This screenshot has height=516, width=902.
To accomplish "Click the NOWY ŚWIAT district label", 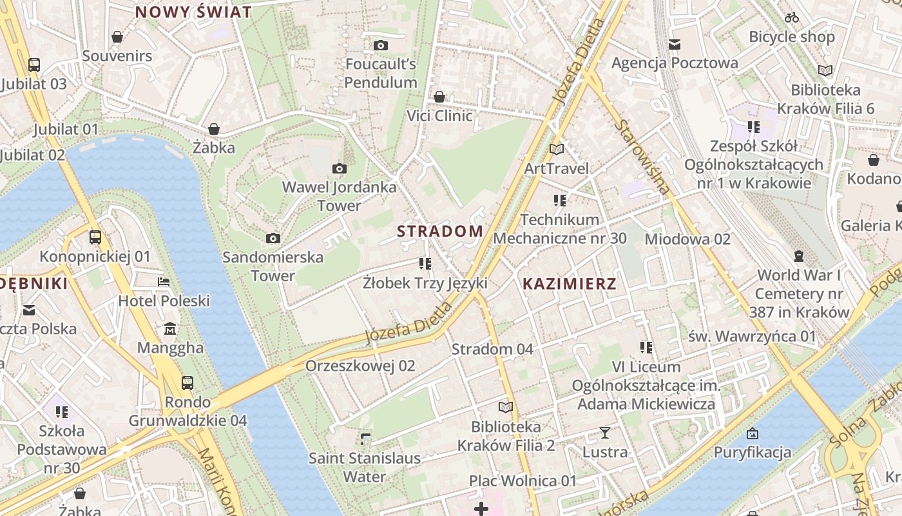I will click(193, 12).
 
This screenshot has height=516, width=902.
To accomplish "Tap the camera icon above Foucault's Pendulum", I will click(381, 45).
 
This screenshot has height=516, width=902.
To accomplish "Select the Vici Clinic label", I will click(439, 116).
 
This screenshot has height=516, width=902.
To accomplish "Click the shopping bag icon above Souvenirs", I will click(117, 37).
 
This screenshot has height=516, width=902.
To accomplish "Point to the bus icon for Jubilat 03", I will click(34, 64).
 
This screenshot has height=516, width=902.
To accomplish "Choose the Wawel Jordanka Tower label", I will click(339, 196).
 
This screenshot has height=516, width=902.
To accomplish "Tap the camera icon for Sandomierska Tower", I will click(273, 238).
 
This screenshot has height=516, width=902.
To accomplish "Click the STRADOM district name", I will click(440, 231).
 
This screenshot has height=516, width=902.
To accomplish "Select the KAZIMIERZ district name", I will click(569, 283).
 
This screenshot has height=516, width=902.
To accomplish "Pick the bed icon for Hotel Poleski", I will click(164, 282).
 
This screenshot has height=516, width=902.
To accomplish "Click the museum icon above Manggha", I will click(170, 329).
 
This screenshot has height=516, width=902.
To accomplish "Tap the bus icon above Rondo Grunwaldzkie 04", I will click(187, 382).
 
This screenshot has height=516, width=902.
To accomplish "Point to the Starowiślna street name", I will click(642, 156).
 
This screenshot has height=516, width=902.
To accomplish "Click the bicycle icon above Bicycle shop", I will click(792, 17).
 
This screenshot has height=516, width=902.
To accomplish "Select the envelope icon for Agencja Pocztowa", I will click(675, 44).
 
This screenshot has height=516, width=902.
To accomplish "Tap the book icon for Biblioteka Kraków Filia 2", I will click(506, 407).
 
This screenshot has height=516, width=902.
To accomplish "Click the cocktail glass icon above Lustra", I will click(605, 433).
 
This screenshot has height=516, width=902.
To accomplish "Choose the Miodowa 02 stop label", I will click(687, 239).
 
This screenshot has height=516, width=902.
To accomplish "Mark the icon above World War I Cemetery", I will click(799, 256).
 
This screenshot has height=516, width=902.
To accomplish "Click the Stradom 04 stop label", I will click(492, 349).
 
